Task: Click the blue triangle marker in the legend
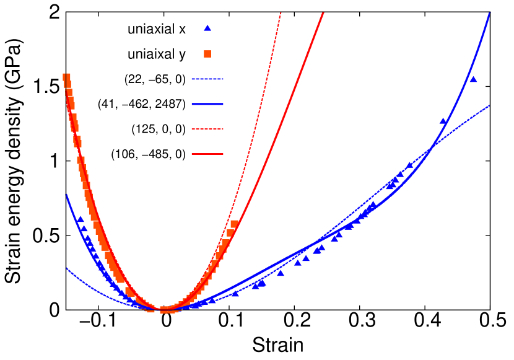click(207, 28)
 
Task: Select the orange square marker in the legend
click(207, 54)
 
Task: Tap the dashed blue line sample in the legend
click(207, 79)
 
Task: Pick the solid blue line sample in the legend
click(207, 104)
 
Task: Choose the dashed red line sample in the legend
click(207, 129)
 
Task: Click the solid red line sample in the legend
click(207, 154)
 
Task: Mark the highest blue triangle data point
click(473, 79)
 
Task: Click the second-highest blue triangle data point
click(443, 121)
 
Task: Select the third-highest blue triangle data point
click(409, 165)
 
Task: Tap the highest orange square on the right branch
click(234, 224)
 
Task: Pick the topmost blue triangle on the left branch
click(80, 219)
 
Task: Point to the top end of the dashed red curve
click(281, 12)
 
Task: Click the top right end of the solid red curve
click(323, 12)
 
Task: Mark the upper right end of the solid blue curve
click(489, 14)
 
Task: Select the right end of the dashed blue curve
click(489, 106)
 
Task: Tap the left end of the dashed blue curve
click(67, 268)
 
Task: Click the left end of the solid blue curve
click(66, 195)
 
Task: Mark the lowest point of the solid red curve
click(162, 308)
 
